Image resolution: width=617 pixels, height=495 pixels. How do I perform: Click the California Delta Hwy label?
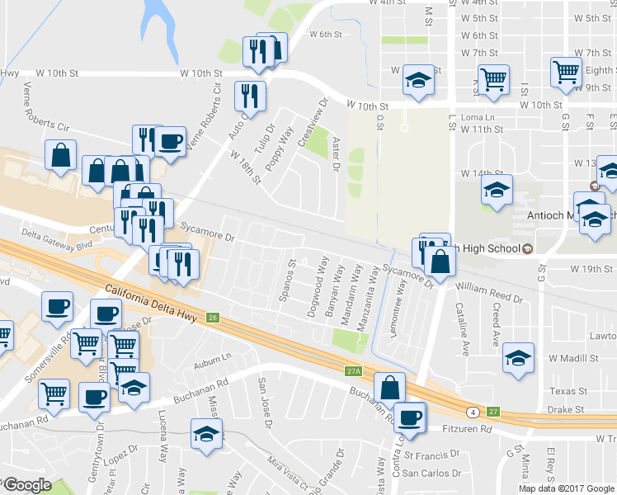[153, 302]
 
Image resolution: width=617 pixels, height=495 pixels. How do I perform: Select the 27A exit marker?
[354, 372]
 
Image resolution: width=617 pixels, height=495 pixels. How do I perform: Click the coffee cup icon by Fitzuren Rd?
[408, 417]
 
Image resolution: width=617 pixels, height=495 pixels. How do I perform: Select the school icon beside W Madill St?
[517, 357]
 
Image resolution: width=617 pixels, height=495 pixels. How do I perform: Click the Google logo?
[27, 485]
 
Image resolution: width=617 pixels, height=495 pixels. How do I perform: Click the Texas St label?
[568, 390]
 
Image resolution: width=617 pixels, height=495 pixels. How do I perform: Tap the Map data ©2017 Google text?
[566, 488]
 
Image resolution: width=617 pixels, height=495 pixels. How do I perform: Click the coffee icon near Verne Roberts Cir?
[171, 140]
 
